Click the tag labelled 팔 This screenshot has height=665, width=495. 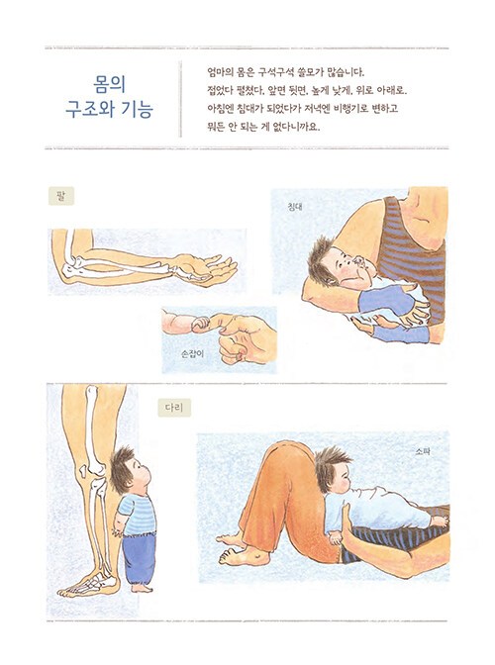coord(61,196)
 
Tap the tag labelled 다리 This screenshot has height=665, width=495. coord(174,408)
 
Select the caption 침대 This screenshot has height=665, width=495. coord(295,207)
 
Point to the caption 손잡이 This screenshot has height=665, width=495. coord(192,353)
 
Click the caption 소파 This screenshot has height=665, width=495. coord(423,452)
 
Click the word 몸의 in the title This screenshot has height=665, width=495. coord(110,85)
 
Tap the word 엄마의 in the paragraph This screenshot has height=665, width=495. coord(218,72)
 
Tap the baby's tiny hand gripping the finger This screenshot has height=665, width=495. coord(200,325)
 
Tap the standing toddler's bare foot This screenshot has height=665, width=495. coord(143,589)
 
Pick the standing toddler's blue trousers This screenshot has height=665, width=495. coord(139,557)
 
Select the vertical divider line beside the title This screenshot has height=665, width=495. coord(181,99)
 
